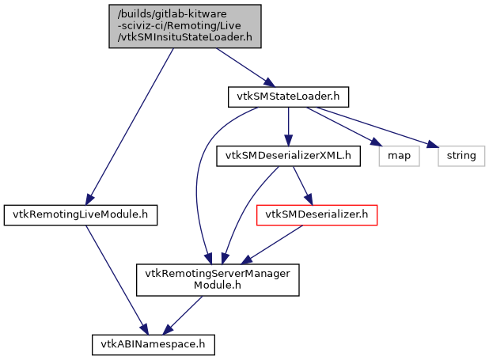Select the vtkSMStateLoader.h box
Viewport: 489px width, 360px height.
tap(288, 97)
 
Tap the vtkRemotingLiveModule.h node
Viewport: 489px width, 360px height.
tap(80, 214)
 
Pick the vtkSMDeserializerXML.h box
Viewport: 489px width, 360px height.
tap(288, 155)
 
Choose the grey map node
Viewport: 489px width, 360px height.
tap(398, 155)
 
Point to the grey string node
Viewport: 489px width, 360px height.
tap(461, 155)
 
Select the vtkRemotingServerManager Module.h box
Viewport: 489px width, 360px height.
tap(218, 279)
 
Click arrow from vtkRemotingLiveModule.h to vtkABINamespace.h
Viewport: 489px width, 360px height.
tap(114, 273)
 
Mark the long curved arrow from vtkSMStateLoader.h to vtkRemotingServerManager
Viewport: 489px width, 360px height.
tap(198, 182)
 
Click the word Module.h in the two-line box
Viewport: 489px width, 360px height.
tap(218, 286)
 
